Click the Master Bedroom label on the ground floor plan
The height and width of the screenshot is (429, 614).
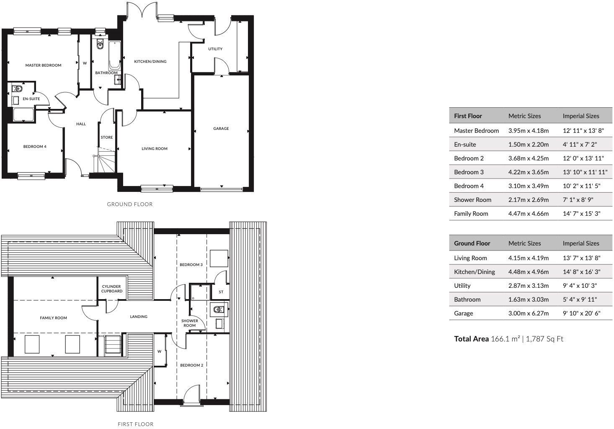click(43, 65)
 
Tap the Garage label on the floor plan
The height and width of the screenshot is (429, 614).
click(221, 129)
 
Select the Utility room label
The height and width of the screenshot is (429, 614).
click(215, 49)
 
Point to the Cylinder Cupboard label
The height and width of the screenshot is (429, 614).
click(112, 289)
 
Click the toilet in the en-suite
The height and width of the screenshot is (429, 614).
click(17, 88)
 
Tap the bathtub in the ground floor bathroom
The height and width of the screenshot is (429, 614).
click(114, 55)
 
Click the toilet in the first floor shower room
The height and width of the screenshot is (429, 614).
click(218, 310)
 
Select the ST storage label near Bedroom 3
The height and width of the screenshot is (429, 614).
click(221, 292)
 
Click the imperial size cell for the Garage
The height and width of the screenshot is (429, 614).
click(581, 313)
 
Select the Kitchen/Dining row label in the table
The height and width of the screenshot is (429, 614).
click(474, 272)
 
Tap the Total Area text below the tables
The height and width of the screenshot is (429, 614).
click(508, 339)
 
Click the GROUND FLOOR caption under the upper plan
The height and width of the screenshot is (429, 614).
click(130, 204)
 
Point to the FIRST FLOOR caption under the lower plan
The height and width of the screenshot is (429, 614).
click(135, 424)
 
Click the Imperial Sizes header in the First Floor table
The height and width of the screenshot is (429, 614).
click(580, 116)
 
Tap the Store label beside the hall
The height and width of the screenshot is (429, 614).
click(107, 137)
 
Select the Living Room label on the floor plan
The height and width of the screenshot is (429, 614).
click(154, 148)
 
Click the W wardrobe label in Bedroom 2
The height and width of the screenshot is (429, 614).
click(159, 351)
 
